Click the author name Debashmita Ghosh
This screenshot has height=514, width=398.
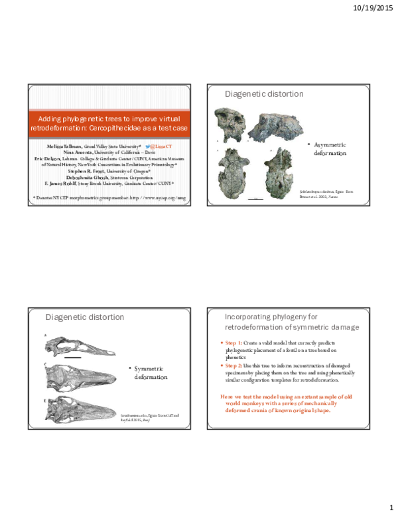(88, 177)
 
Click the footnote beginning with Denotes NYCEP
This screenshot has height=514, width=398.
(110, 197)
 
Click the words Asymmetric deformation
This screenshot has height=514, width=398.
(330, 148)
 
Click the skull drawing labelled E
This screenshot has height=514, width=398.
(83, 409)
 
